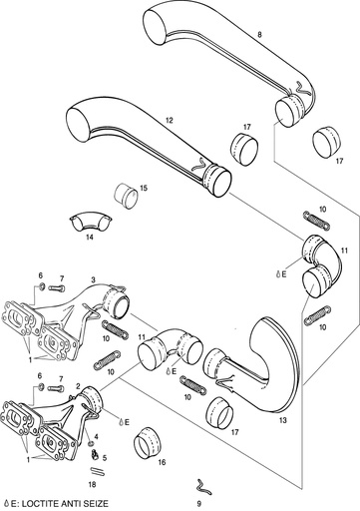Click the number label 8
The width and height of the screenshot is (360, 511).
coord(259,35)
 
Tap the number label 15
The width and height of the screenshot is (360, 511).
coord(144,187)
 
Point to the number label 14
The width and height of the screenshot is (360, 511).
coord(88,238)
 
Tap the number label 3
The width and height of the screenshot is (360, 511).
coord(92,282)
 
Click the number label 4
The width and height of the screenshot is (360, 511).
coord(95,437)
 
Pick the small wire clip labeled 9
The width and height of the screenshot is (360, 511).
coord(202,485)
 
